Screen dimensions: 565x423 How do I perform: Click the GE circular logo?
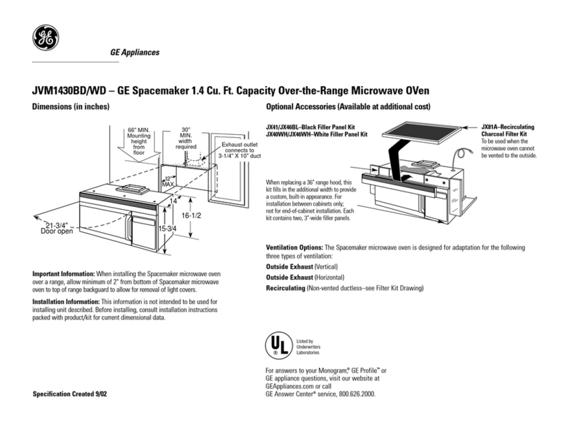coord(45,38)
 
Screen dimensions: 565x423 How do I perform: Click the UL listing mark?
coord(278,345)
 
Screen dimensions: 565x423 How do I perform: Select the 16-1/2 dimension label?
coord(192,215)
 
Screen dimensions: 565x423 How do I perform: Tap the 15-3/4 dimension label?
coord(168,229)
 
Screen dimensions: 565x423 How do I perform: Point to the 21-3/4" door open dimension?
coord(57,228)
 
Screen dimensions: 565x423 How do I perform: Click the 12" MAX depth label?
coord(169,182)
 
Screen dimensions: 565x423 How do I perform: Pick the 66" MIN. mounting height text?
coord(138,141)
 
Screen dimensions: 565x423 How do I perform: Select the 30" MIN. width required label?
coord(186,138)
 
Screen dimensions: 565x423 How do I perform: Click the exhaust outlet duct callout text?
coord(240,150)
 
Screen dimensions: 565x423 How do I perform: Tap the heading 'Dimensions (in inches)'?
coord(71,107)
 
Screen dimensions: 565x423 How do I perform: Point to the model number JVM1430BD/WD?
coord(69,90)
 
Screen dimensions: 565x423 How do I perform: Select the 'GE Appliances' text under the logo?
coord(135,52)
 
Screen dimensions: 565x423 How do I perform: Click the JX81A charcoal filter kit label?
coord(508,131)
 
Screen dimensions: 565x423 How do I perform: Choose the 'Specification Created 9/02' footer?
coord(69,394)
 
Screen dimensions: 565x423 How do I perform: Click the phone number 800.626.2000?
coord(357,394)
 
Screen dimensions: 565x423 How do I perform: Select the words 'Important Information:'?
coord(64,274)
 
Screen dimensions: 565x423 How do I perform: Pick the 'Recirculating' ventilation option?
coord(285,288)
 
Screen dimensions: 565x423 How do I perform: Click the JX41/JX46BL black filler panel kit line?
coord(310,127)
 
